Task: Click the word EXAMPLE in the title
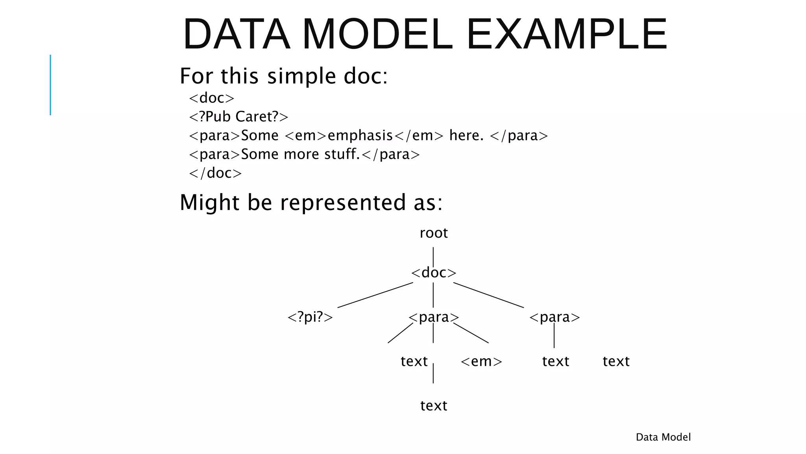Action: click(567, 35)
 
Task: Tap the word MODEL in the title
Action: click(377, 35)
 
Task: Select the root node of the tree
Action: click(433, 233)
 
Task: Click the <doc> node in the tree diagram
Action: click(433, 273)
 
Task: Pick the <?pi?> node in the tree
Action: click(310, 317)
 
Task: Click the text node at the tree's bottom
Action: click(433, 406)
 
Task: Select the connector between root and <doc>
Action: click(433, 257)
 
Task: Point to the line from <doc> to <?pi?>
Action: click(375, 295)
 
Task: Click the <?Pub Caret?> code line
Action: click(238, 117)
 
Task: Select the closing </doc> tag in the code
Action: click(215, 173)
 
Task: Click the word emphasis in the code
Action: click(360, 136)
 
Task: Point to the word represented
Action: click(342, 203)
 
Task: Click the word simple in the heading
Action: click(301, 76)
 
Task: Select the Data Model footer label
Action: click(663, 437)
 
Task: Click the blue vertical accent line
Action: click(50, 85)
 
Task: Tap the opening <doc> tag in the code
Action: click(212, 98)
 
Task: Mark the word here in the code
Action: click(466, 136)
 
